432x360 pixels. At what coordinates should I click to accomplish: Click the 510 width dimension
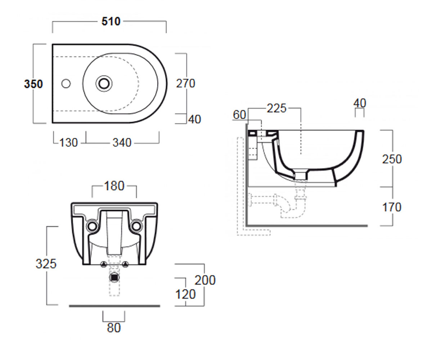click(111, 21)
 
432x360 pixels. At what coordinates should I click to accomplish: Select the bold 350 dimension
click(33, 84)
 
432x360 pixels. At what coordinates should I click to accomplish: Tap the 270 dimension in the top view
click(186, 84)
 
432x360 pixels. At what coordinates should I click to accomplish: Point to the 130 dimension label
click(68, 143)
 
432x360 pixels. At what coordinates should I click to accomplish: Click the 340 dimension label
click(122, 143)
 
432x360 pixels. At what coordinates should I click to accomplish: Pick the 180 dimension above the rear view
click(114, 186)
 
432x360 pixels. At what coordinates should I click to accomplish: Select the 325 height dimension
click(46, 264)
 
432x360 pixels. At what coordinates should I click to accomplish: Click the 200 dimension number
click(205, 280)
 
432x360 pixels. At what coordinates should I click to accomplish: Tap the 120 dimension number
click(185, 294)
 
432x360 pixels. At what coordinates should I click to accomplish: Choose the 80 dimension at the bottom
click(114, 328)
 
